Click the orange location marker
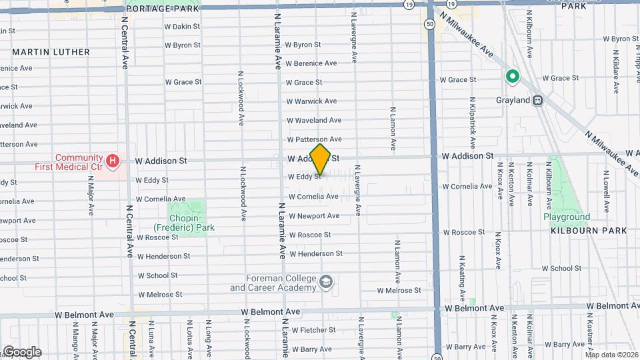click(x=320, y=160)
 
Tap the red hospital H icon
click(x=113, y=160)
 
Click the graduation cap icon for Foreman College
click(x=325, y=283)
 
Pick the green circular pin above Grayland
click(x=513, y=77)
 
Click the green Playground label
click(x=566, y=217)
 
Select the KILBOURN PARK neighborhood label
click(x=589, y=231)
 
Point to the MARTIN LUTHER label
click(x=51, y=52)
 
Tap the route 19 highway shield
click(x=408, y=4)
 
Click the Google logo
click(x=21, y=351)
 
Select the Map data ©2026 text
click(x=611, y=355)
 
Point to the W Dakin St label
click(x=183, y=27)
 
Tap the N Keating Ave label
click(x=461, y=271)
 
